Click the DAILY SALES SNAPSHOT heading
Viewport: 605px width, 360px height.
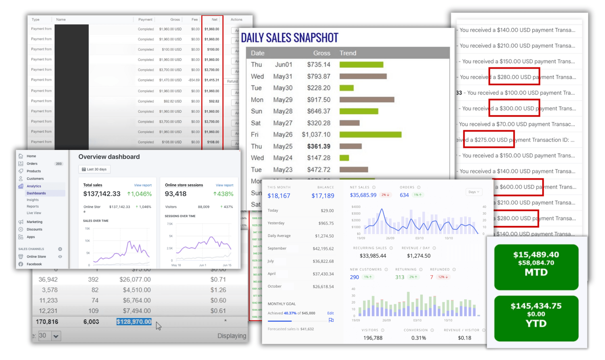tap(289, 38)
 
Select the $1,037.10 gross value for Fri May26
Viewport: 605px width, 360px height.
tap(316, 135)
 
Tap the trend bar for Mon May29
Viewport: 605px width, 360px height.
tap(367, 100)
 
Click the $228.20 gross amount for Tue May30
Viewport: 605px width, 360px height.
tap(318, 88)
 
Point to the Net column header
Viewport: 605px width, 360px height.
tap(214, 19)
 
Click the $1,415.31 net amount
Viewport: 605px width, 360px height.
tap(212, 80)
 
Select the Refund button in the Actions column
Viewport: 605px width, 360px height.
tap(232, 82)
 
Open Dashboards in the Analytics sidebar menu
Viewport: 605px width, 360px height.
tap(36, 193)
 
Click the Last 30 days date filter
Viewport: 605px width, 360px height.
tap(94, 170)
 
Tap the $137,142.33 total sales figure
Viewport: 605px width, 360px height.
tap(102, 194)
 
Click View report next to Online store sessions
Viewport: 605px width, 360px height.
tap(224, 185)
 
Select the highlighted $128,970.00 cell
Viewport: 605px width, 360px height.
tap(134, 322)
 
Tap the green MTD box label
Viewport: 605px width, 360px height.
tap(536, 272)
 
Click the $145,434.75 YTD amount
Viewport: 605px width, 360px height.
tap(536, 306)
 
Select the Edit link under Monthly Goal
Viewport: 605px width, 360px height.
tap(330, 313)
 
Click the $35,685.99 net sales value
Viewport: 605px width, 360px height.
tap(363, 195)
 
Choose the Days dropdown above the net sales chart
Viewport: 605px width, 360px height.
tap(474, 192)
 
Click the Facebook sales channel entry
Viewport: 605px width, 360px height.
tap(34, 264)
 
